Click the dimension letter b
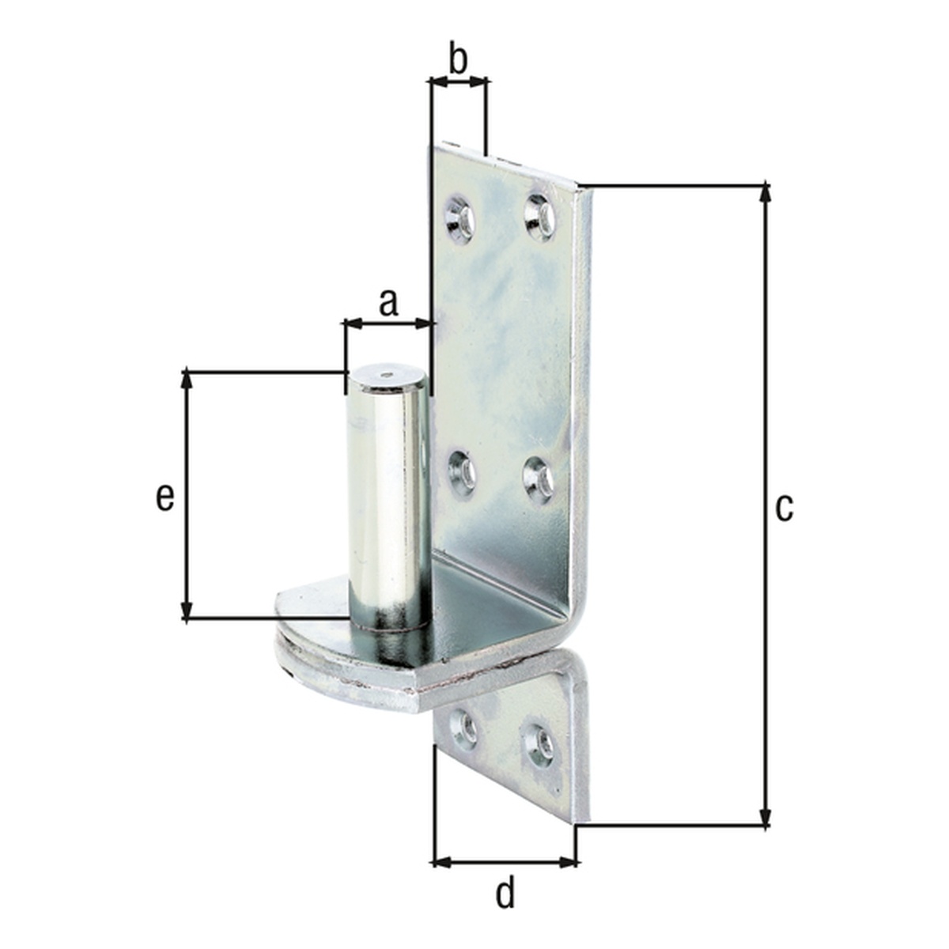tap(459, 59)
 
